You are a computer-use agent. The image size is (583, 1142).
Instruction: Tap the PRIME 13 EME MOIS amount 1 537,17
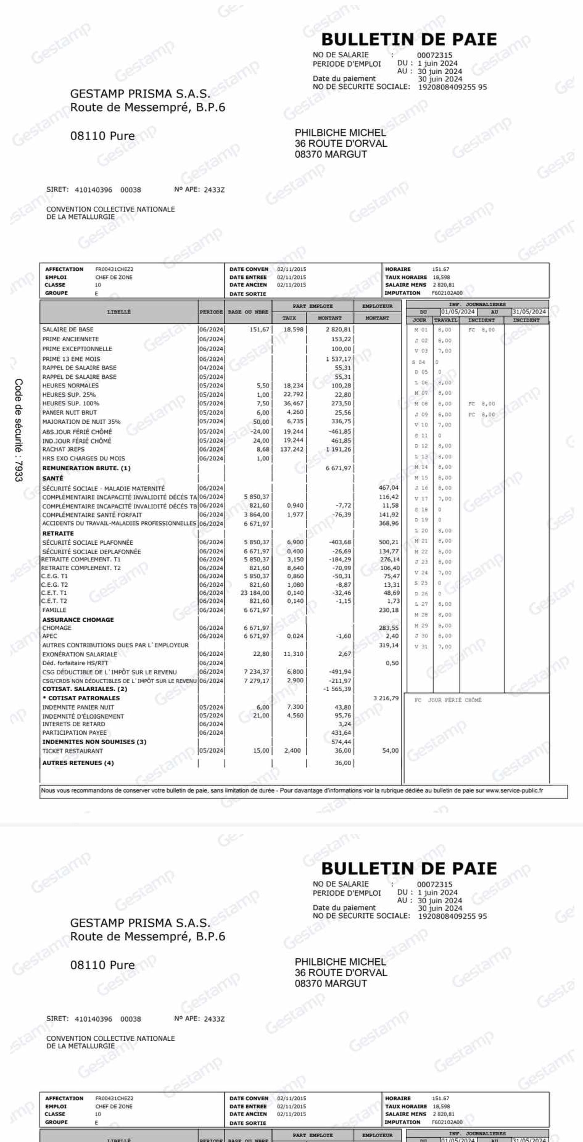coord(338,359)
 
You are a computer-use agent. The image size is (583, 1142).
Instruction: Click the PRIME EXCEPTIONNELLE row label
coord(77,349)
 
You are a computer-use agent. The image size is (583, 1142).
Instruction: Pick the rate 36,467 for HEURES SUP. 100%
coord(294,404)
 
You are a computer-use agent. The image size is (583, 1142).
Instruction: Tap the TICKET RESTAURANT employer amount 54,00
coord(390,750)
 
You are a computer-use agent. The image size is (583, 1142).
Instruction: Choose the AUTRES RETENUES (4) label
coord(78,763)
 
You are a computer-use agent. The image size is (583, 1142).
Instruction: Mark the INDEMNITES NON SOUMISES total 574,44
coord(341,742)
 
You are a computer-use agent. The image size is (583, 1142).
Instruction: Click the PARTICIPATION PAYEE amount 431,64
coord(341,733)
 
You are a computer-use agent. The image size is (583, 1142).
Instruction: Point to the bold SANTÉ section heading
coord(53,478)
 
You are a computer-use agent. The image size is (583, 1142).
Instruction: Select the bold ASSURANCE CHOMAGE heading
coord(78,620)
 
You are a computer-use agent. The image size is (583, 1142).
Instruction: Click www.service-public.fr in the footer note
coord(514,790)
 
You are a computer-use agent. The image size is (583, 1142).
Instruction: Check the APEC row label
coord(50,636)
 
